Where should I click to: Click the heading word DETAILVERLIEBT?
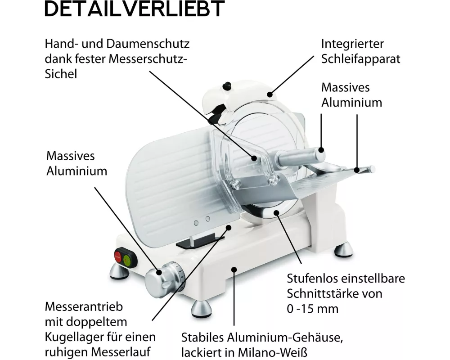point(135,9)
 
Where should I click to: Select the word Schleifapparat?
point(360,59)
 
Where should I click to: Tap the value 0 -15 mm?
point(313,309)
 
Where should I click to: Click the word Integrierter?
point(352,44)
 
